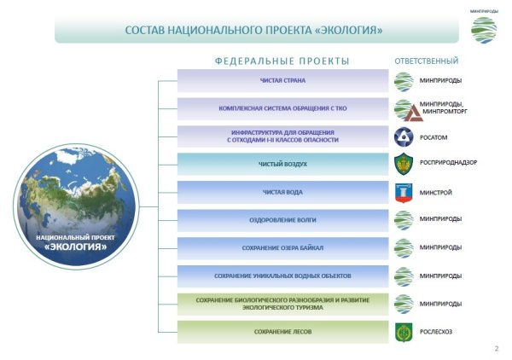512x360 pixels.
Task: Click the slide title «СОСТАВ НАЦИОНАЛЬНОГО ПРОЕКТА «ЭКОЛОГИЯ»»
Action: [x=253, y=31]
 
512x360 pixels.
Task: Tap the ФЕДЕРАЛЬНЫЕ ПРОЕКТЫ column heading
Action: [x=282, y=61]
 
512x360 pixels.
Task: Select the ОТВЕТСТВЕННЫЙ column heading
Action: [x=427, y=61]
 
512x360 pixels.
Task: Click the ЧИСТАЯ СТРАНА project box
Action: [x=282, y=81]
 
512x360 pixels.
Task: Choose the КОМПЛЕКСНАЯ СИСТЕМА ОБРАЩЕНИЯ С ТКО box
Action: [x=282, y=109]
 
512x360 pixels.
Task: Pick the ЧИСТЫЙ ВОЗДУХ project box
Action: [x=282, y=165]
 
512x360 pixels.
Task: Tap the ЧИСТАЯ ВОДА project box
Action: [x=282, y=193]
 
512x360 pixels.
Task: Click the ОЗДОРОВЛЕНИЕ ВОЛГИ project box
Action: [x=282, y=220]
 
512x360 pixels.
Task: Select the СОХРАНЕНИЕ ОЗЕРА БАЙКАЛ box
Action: [x=282, y=248]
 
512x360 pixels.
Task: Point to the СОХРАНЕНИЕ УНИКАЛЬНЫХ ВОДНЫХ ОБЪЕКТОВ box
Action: [x=282, y=276]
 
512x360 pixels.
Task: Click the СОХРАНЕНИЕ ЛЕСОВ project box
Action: [x=282, y=332]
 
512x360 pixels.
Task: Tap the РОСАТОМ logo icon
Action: [x=404, y=136]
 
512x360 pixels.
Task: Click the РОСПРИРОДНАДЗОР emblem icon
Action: [x=404, y=165]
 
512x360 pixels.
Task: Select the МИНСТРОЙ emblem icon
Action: [x=404, y=193]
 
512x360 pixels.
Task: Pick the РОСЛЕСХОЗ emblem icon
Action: [x=404, y=332]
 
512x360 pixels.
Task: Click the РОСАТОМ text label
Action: [x=434, y=137]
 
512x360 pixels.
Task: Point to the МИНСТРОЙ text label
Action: [x=436, y=193]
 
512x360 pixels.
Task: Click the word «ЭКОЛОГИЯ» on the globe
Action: [x=75, y=247]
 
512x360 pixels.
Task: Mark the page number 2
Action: [x=497, y=349]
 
